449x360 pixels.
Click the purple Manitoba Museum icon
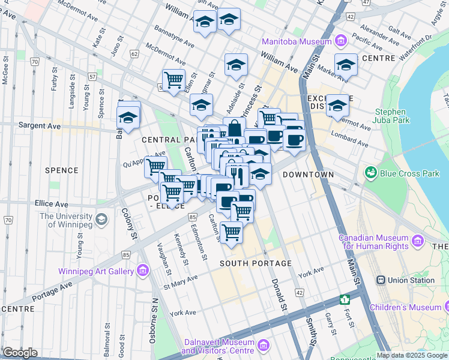click(341, 41)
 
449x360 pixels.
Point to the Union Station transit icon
click(381, 280)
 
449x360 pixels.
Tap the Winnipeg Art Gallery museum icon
click(143, 271)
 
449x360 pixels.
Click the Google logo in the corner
click(20, 353)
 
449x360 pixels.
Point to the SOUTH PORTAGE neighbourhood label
click(255, 263)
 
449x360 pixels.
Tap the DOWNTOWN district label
click(308, 175)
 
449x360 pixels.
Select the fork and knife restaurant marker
click(238, 175)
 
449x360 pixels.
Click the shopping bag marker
click(234, 127)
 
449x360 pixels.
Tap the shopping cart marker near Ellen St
click(173, 80)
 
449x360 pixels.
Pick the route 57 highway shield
click(92, 77)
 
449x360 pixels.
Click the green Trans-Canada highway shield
click(345, 299)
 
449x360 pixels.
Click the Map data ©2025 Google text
click(412, 355)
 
